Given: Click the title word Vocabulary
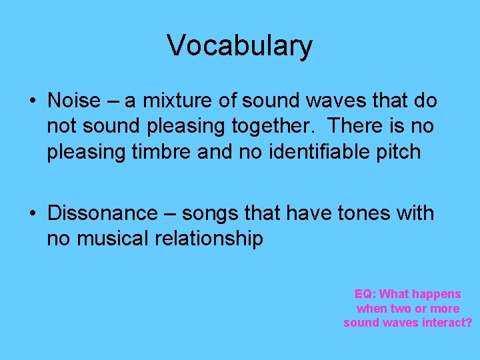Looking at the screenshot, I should coord(239,46).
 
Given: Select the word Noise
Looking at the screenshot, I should coord(74,101).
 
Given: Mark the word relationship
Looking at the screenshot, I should coord(209,239).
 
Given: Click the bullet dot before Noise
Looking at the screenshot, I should coord(32,102).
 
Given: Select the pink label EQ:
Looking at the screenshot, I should coord(365,294).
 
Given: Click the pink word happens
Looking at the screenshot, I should coord(437,295).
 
